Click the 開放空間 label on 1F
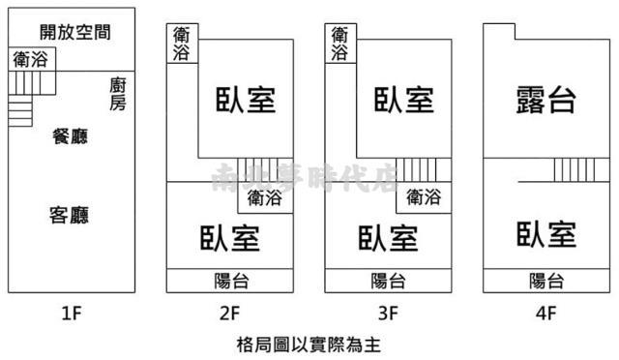point(75,31)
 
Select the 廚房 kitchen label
point(117,92)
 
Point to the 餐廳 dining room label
point(69,136)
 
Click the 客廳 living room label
point(69,214)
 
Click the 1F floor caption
point(71,313)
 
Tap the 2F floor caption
point(229,313)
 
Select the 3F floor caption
point(388,313)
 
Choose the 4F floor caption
point(546,313)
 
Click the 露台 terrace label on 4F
point(546,99)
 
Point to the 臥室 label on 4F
point(546,235)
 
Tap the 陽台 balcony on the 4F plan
point(546,281)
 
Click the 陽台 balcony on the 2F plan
point(230,281)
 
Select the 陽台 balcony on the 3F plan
point(388,281)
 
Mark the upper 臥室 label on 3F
point(403,99)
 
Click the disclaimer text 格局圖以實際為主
point(309,344)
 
